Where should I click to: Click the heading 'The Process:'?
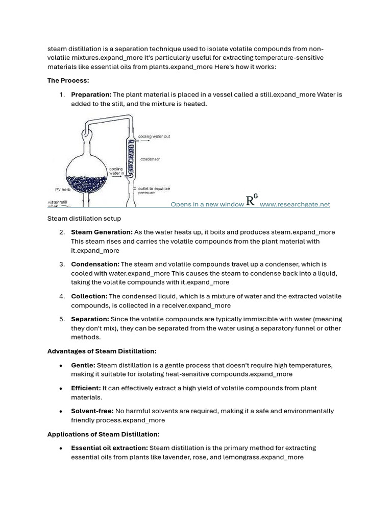(68, 81)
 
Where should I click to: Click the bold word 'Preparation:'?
(91, 94)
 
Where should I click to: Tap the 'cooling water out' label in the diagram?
(154, 137)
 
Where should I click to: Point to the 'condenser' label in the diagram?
(150, 159)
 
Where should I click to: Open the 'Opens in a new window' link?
(207, 204)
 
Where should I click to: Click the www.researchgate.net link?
(295, 204)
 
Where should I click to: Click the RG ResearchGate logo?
(252, 200)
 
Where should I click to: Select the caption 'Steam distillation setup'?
(84, 219)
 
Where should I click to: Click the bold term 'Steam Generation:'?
(102, 232)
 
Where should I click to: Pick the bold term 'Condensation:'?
(95, 264)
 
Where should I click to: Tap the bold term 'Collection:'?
(89, 296)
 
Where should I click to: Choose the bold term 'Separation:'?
(90, 319)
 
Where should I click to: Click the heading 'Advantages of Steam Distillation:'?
(102, 351)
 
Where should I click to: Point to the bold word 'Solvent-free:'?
(92, 411)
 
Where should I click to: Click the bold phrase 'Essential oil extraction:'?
(109, 448)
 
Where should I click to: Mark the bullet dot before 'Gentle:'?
(61, 366)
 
